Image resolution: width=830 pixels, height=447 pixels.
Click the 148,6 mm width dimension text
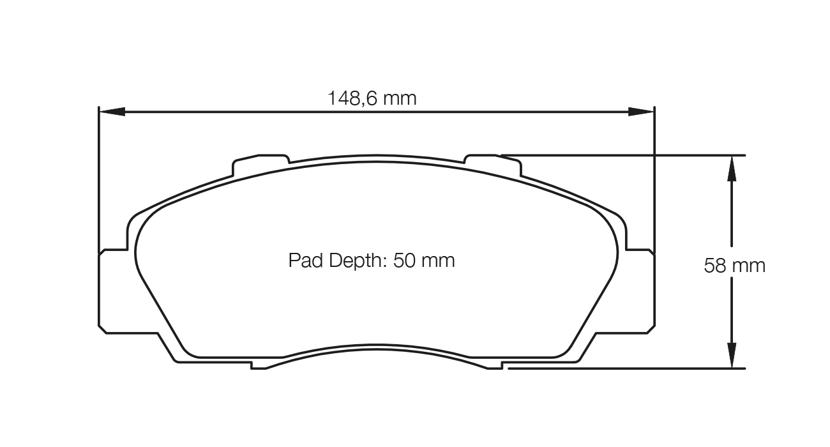(372, 98)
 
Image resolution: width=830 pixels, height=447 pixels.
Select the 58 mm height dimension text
(734, 265)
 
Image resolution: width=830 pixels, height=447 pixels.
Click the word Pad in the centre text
(303, 261)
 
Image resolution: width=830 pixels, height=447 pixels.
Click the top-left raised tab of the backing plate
(261, 160)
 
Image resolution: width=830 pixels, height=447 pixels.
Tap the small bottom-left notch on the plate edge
(259, 366)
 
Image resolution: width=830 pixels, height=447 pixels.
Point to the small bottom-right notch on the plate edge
(495, 366)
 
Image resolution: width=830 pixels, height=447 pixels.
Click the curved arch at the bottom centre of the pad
(377, 348)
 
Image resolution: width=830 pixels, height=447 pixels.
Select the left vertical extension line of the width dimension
(98, 179)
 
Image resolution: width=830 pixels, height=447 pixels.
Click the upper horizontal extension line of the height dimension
(626, 155)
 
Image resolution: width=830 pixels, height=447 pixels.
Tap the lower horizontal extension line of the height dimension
(626, 368)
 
